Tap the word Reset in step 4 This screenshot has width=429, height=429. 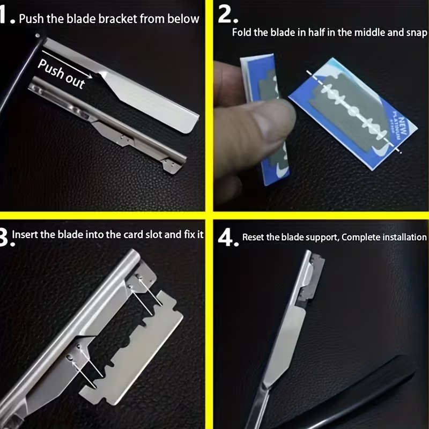click(x=254, y=237)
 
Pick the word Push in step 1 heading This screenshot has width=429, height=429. click(x=31, y=19)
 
